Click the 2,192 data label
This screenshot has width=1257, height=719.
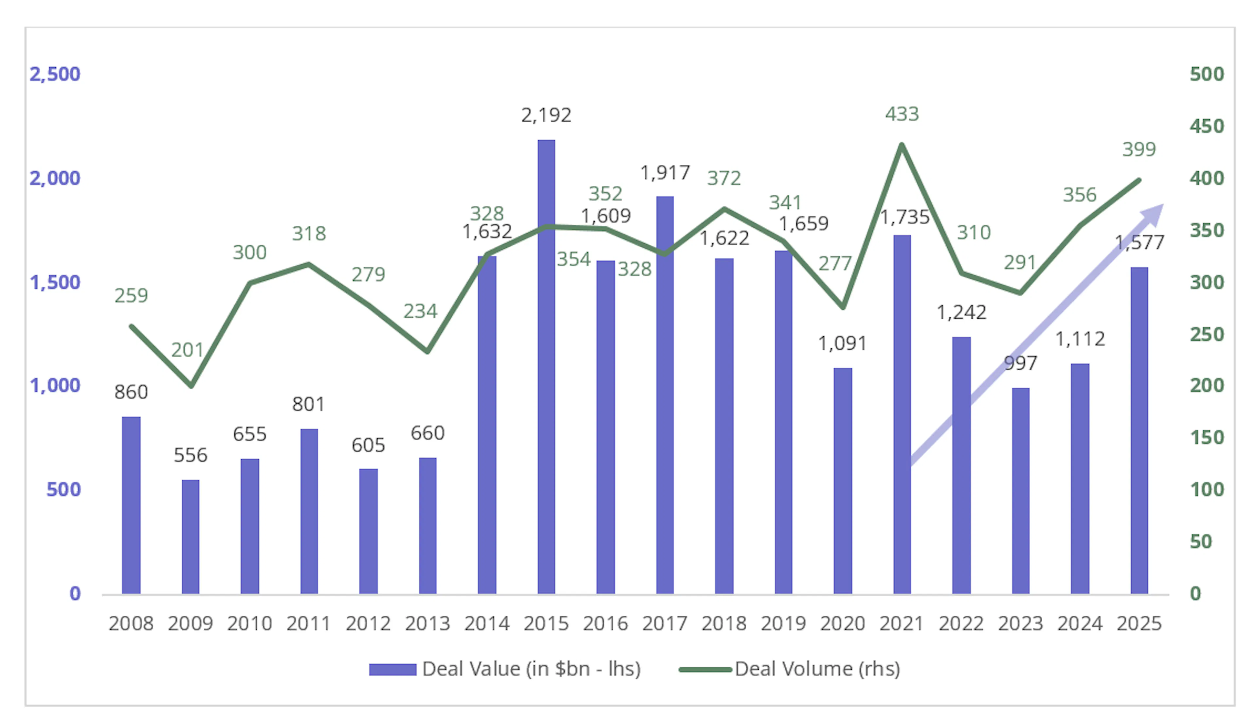tap(546, 115)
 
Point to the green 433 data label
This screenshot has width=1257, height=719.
tap(902, 114)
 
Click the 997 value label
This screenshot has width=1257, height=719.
tap(1020, 363)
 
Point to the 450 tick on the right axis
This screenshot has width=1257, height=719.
tap(1207, 126)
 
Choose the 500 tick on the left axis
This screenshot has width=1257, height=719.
tap(63, 489)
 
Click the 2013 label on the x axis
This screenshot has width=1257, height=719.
tap(428, 624)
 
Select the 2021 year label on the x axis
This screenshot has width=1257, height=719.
tap(902, 624)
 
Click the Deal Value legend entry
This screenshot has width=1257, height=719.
tap(505, 669)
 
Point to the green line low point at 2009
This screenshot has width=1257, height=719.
tap(191, 385)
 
